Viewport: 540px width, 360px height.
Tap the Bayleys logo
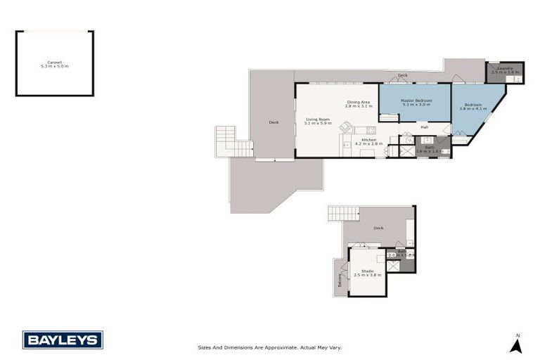(x=63, y=340)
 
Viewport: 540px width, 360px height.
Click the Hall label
(x=425, y=127)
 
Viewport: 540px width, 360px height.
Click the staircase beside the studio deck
(x=344, y=213)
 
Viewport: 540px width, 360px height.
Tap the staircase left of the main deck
(x=232, y=143)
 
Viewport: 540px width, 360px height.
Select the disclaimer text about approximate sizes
(x=270, y=347)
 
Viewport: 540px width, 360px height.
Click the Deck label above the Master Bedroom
(x=402, y=75)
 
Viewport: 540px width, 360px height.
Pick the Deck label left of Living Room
(x=274, y=122)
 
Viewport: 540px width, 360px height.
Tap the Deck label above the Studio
(x=378, y=228)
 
